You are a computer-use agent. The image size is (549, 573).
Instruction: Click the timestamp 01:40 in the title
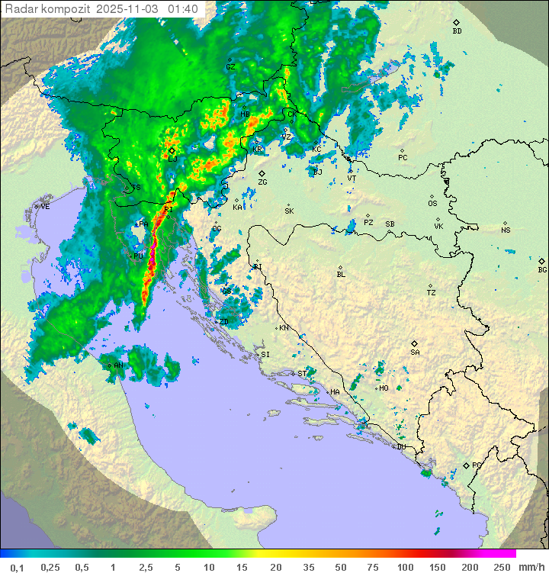183,9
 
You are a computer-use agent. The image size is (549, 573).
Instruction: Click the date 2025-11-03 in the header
134,9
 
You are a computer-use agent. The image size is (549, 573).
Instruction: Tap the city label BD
457,31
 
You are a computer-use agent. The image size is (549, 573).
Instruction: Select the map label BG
542,269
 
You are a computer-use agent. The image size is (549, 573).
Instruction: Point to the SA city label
415,352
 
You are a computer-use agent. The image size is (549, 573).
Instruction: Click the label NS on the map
506,230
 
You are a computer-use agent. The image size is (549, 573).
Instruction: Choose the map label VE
45,207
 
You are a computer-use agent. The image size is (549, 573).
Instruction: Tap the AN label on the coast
118,366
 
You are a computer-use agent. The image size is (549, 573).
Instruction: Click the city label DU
400,447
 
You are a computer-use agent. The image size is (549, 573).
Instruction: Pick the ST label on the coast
302,374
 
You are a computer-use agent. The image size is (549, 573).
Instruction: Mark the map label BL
341,275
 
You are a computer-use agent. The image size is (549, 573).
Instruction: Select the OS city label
432,204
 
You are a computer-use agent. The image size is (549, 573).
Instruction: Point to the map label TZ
432,293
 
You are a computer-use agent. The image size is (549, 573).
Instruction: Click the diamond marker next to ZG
262,174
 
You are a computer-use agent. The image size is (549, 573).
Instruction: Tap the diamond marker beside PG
466,465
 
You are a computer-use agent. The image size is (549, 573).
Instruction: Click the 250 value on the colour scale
502,567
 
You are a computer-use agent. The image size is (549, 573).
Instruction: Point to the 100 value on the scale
405,567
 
